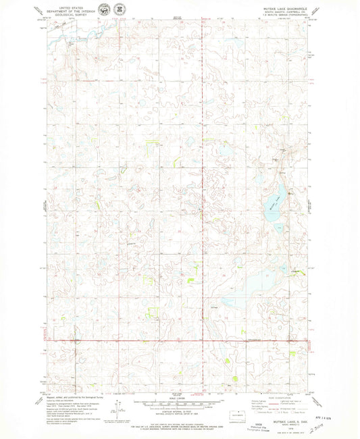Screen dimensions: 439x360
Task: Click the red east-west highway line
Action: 176,340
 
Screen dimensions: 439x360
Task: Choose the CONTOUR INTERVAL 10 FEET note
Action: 177,411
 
